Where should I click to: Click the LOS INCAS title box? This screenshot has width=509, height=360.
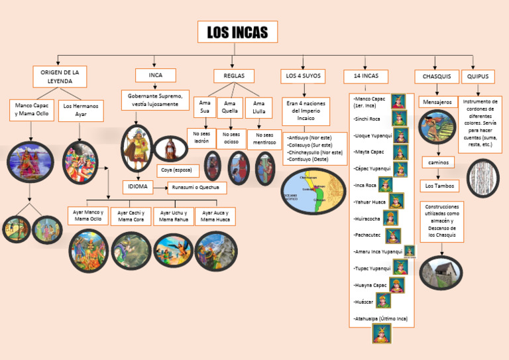click(237, 32)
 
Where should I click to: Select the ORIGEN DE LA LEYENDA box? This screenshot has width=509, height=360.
click(60, 76)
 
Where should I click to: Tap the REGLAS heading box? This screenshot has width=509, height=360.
click(234, 76)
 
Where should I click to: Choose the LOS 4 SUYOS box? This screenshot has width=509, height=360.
click(303, 76)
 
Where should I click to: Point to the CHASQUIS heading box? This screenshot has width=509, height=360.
click(437, 76)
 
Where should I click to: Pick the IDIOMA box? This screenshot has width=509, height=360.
click(138, 187)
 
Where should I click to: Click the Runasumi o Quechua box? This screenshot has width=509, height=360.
click(196, 188)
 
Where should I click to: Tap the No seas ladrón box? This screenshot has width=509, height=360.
click(201, 137)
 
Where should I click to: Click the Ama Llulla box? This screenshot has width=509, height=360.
click(258, 107)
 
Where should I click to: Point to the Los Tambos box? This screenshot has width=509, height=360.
click(440, 186)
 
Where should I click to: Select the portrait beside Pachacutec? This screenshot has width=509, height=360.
click(394, 235)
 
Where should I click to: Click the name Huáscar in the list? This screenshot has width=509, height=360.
click(364, 302)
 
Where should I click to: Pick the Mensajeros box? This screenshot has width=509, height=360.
click(436, 102)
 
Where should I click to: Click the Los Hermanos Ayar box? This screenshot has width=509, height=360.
click(81, 110)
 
